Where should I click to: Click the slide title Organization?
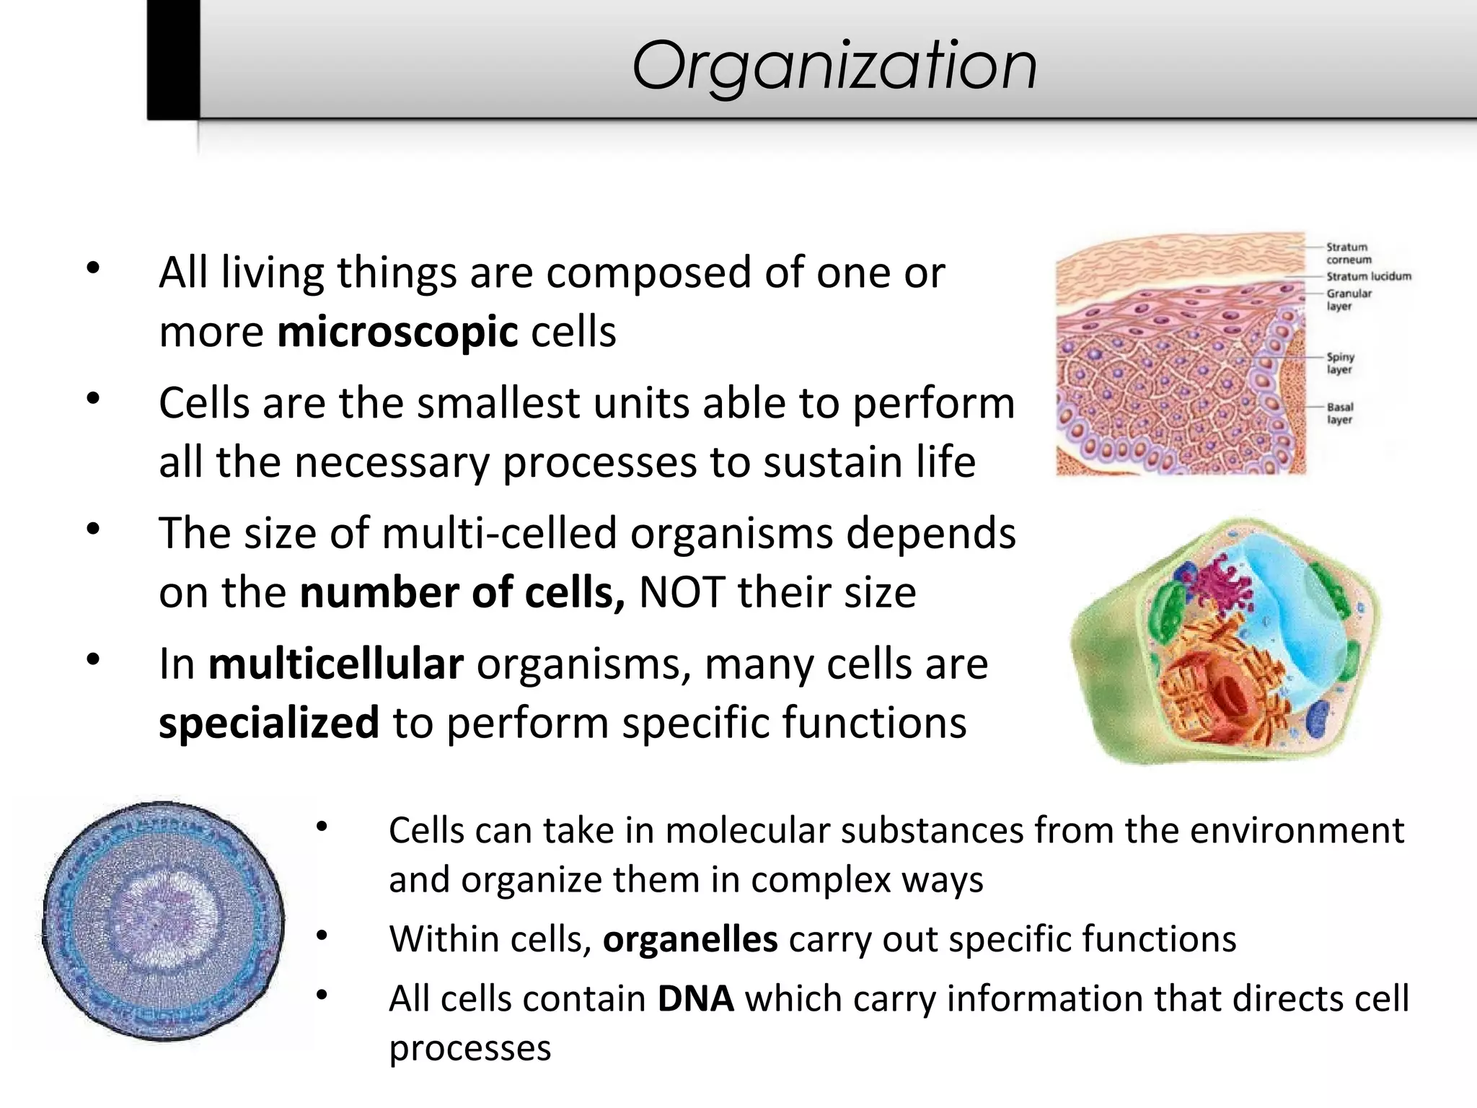coord(834,66)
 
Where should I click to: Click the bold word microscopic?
coord(397,333)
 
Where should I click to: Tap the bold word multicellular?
coord(335,664)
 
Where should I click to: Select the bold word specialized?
coord(268,724)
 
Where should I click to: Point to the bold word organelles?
coord(690,939)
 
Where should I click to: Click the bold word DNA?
coord(695,999)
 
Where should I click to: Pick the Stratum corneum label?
coord(1348,253)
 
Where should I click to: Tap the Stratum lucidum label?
coord(1368,276)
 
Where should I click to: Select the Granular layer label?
coord(1348,299)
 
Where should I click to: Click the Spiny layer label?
coord(1340,363)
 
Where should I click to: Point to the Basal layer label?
coord(1340,413)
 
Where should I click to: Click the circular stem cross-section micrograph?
coord(163,921)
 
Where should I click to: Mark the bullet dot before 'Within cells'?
coord(322,936)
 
